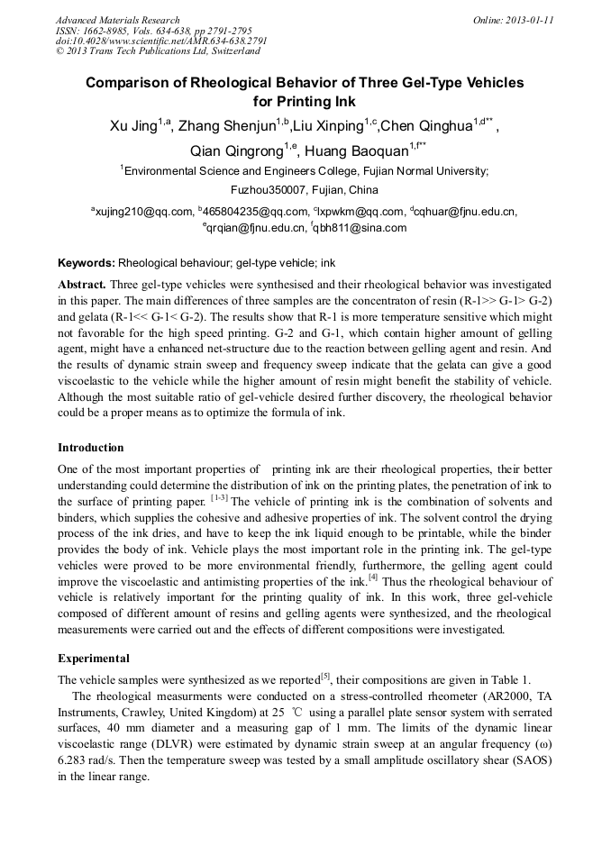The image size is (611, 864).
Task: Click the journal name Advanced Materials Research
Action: point(117,20)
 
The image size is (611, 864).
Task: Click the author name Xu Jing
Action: point(132,126)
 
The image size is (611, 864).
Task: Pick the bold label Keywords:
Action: point(86,263)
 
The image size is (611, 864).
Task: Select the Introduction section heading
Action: point(91,448)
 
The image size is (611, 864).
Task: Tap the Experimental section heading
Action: point(94,659)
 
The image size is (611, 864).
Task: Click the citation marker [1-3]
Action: point(220,498)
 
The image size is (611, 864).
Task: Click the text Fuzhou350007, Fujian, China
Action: point(305,190)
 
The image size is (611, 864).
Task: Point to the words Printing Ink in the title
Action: point(317,101)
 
